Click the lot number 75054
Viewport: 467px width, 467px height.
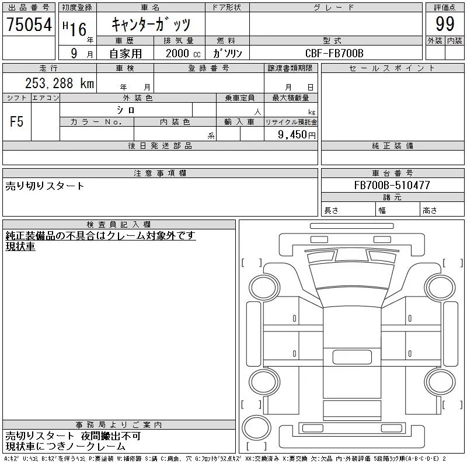pyautogui.click(x=29, y=25)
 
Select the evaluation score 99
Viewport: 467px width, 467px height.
pyautogui.click(x=445, y=24)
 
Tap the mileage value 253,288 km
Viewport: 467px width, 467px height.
pyautogui.click(x=60, y=83)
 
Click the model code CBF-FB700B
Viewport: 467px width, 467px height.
pyautogui.click(x=334, y=53)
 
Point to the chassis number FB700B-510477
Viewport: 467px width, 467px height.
pyautogui.click(x=392, y=185)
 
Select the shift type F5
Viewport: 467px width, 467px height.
pyautogui.click(x=16, y=122)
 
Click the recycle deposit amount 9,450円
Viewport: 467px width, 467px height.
pyautogui.click(x=297, y=135)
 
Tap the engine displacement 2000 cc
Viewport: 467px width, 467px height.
pyautogui.click(x=183, y=53)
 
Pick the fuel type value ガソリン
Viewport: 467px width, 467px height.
pyautogui.click(x=228, y=53)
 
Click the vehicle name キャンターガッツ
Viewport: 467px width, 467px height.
pyautogui.click(x=151, y=24)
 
